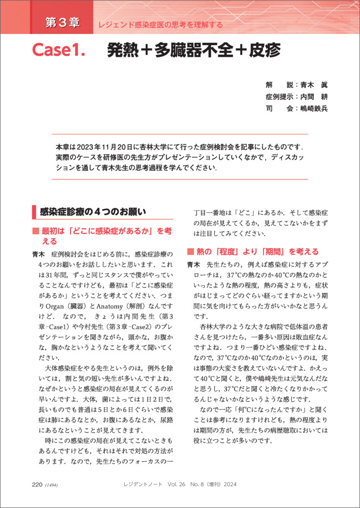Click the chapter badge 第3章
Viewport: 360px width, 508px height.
pyautogui.click(x=62, y=23)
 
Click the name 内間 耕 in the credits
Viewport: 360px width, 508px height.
pyautogui.click(x=314, y=96)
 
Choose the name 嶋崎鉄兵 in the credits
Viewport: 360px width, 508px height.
pyautogui.click(x=314, y=108)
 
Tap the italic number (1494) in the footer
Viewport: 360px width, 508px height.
pyautogui.click(x=52, y=485)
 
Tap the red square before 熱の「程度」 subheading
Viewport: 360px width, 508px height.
pyautogui.click(x=190, y=251)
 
